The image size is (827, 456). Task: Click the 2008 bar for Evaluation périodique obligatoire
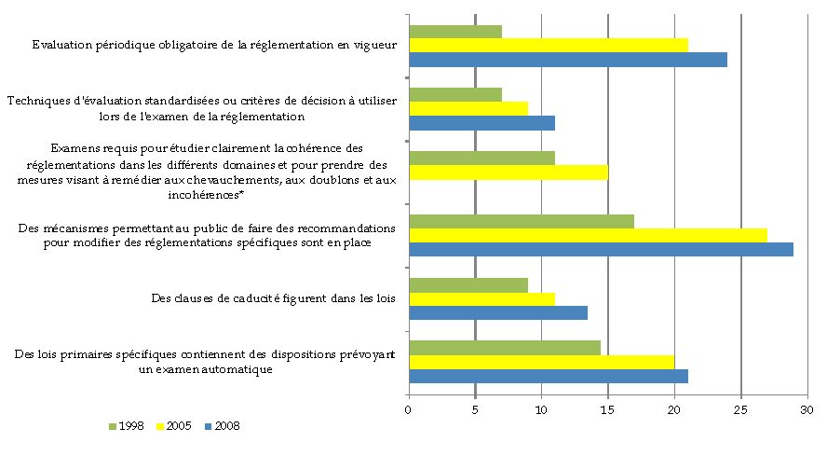click(568, 60)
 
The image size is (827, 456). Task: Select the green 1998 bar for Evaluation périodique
click(455, 32)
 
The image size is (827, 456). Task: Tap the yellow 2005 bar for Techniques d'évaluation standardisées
click(468, 108)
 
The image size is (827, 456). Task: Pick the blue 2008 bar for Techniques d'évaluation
click(481, 123)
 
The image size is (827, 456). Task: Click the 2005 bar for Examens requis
click(508, 173)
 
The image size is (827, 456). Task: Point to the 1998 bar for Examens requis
click(481, 158)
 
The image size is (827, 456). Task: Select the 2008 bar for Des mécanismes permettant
click(601, 250)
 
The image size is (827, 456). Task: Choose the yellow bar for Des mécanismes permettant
click(588, 235)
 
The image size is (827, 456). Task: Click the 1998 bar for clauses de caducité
click(468, 284)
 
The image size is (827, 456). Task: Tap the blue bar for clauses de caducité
click(498, 313)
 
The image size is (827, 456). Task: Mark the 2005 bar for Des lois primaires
click(541, 362)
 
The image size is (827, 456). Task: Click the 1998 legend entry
click(127, 426)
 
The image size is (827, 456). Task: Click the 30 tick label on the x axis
click(807, 409)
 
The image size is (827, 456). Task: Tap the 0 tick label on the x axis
click(409, 409)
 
